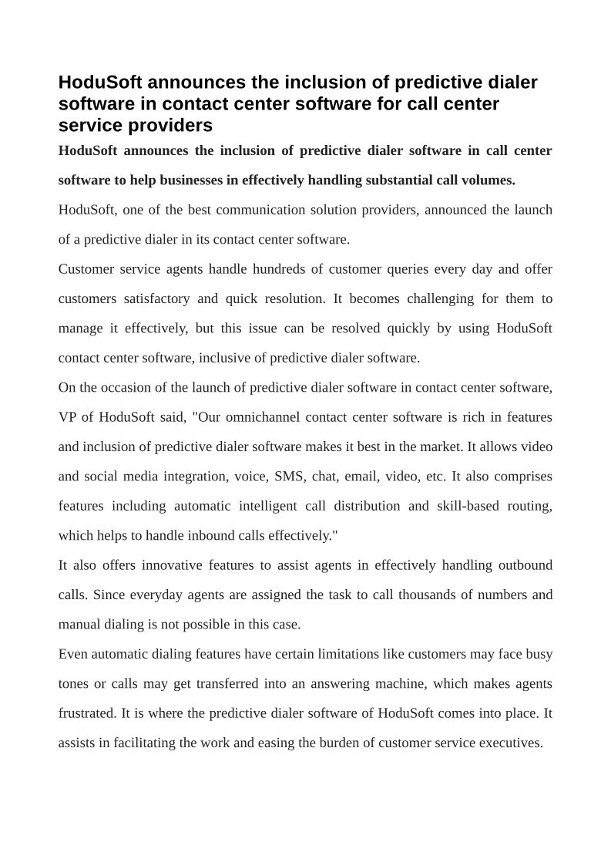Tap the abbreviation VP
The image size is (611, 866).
66,417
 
